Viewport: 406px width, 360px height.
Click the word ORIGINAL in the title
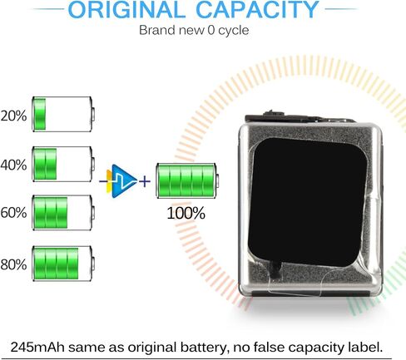pyautogui.click(x=126, y=10)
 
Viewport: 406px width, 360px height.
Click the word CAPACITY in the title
pyautogui.click(x=258, y=10)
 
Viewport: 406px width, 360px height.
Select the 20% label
pyautogui.click(x=13, y=116)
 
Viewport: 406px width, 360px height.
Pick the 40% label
pyautogui.click(x=13, y=165)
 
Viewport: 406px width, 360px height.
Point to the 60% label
pyautogui.click(x=13, y=213)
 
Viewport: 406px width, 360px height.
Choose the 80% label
pyautogui.click(x=13, y=264)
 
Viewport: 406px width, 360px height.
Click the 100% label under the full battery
pyautogui.click(x=186, y=213)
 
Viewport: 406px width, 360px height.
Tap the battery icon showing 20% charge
pyautogui.click(x=63, y=114)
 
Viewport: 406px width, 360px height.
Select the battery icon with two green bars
pyautogui.click(x=63, y=164)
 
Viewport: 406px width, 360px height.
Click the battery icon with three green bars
pyautogui.click(x=63, y=213)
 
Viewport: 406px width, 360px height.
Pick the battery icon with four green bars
pyautogui.click(x=63, y=264)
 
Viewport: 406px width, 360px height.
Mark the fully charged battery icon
pyautogui.click(x=187, y=180)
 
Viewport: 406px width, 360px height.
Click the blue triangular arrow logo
pyautogui.click(x=122, y=181)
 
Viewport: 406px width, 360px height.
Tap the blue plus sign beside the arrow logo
pyautogui.click(x=145, y=182)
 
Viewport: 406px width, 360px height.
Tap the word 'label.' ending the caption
pyautogui.click(x=365, y=348)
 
